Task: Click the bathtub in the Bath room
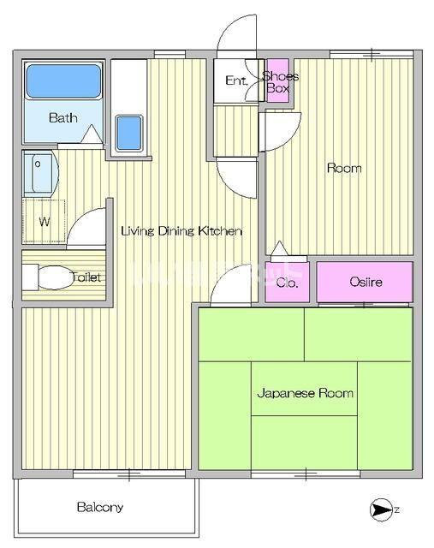click(x=63, y=81)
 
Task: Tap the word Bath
click(x=62, y=118)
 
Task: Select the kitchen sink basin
click(x=129, y=134)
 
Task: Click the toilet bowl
click(x=54, y=277)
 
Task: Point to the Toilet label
click(x=86, y=277)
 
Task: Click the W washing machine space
click(x=44, y=222)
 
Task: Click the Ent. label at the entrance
click(x=236, y=80)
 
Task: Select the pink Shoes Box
click(x=278, y=80)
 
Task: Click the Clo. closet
click(x=288, y=282)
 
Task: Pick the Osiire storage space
click(x=366, y=282)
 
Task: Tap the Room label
click(x=344, y=168)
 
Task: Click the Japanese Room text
click(x=305, y=393)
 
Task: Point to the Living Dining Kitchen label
click(x=181, y=231)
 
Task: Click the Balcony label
click(x=100, y=507)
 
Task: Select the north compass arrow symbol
click(x=379, y=509)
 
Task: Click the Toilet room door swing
click(x=80, y=218)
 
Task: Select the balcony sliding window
click(x=129, y=474)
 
